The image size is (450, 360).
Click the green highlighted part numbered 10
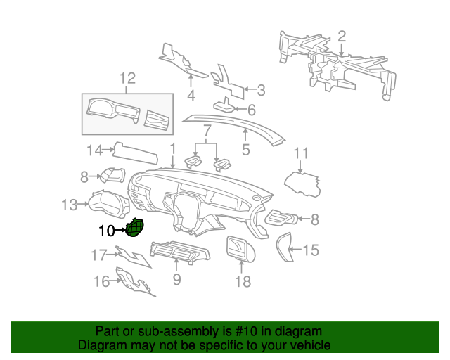pos(135,228)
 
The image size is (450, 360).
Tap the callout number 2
pos(342,37)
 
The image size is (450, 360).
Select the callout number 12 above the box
pos(127,78)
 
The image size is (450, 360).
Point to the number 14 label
pos(95,150)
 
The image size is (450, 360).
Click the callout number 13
pos(70,205)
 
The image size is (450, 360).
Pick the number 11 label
pos(301,153)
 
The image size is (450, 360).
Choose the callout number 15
pos(311,250)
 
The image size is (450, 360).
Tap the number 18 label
pos(243,282)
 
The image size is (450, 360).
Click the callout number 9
pos(177,279)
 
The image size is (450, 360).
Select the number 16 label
pos(102,282)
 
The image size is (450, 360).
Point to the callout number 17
pos(99,255)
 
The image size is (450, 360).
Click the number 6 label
pos(252,110)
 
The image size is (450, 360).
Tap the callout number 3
pos(261,90)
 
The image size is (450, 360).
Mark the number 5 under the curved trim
pos(246,150)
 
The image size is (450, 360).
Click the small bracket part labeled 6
pos(224,105)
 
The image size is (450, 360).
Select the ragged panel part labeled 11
pos(302,184)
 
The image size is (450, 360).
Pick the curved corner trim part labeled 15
pos(284,247)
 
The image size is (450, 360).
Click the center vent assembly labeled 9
pos(180,252)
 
